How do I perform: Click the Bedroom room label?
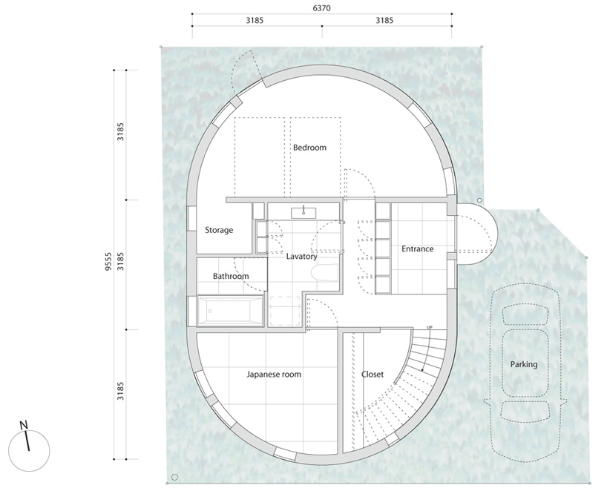(x=309, y=148)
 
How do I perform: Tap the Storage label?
(x=219, y=230)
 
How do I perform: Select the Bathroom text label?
(x=231, y=276)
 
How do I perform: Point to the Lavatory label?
(x=301, y=256)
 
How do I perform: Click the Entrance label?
(x=417, y=248)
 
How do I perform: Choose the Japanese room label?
(x=274, y=375)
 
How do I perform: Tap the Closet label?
(x=373, y=375)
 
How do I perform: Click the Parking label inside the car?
(x=524, y=364)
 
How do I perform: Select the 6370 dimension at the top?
(x=322, y=8)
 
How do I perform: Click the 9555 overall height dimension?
(x=109, y=262)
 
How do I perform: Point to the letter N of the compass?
(x=24, y=425)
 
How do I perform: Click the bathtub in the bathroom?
(x=230, y=311)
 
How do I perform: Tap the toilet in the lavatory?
(x=324, y=272)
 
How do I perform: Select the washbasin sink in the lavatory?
(x=303, y=213)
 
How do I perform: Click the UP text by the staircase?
(x=429, y=328)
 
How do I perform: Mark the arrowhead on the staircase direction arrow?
(x=422, y=370)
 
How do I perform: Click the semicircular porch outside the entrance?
(x=476, y=234)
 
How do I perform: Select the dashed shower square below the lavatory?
(x=285, y=311)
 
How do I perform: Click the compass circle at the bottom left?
(x=29, y=451)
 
